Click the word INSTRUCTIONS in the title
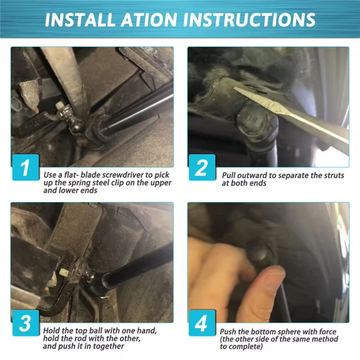[x=249, y=20]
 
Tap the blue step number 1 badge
[x=26, y=168]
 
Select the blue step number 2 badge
[x=202, y=168]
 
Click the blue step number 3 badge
[x=26, y=323]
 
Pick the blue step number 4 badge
[x=202, y=323]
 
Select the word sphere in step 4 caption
[x=286, y=332]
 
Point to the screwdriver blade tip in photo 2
[x=235, y=88]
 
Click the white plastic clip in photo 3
[x=64, y=273]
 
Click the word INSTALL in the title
[x=80, y=20]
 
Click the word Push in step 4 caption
[x=228, y=332]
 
